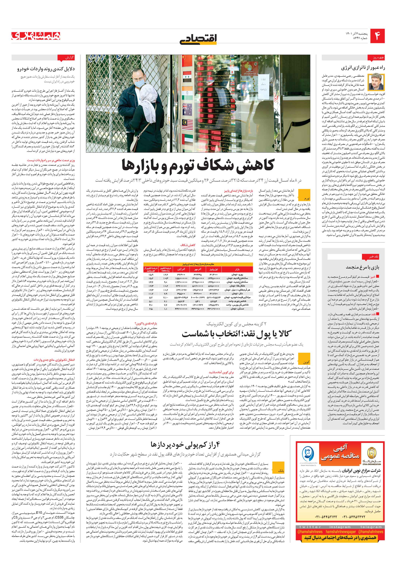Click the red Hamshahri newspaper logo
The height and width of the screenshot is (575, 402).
(36, 36)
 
